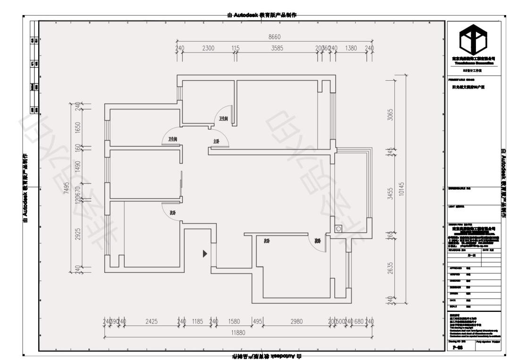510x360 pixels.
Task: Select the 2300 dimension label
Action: pyautogui.click(x=208, y=48)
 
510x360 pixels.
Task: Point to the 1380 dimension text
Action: pyautogui.click(x=351, y=48)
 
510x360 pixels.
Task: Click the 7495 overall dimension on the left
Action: pyautogui.click(x=68, y=188)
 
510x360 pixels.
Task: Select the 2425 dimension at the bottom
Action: pyautogui.click(x=151, y=321)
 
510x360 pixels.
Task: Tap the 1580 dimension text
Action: pyautogui.click(x=234, y=321)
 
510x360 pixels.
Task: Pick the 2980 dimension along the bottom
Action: pyautogui.click(x=296, y=321)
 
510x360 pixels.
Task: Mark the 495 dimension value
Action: pyautogui.click(x=257, y=321)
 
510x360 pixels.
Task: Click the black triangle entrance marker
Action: pyautogui.click(x=205, y=254)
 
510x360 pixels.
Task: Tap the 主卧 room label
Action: pyautogui.click(x=216, y=141)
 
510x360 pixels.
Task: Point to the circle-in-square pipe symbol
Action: pyautogui.click(x=338, y=229)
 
